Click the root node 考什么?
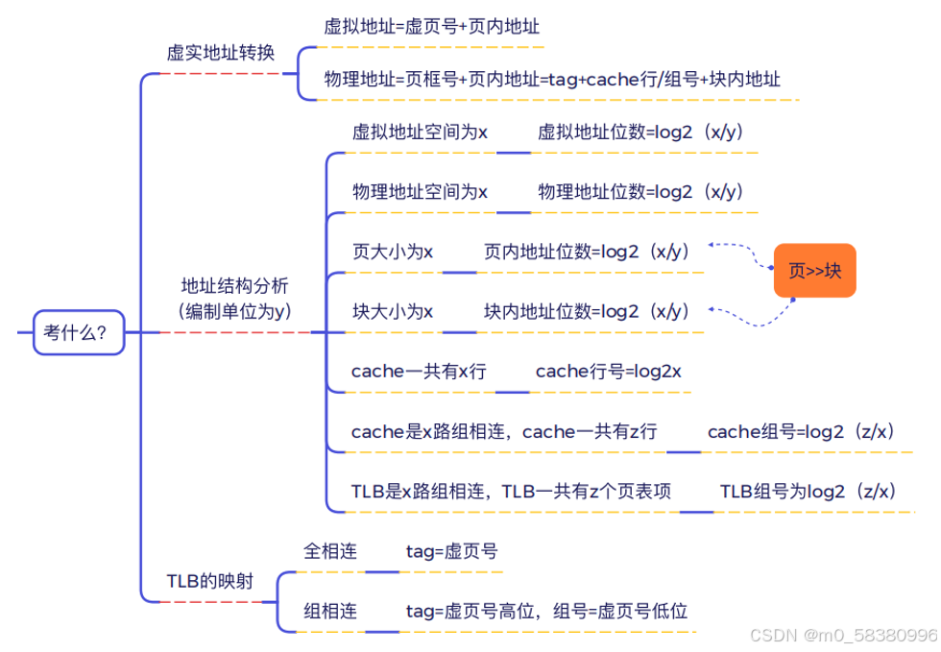click(x=78, y=332)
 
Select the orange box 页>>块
click(x=814, y=271)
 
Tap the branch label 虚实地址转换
click(x=221, y=53)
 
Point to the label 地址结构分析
click(x=234, y=285)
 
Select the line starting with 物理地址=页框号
click(x=552, y=79)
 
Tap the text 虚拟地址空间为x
click(x=420, y=133)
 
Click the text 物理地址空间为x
click(x=420, y=192)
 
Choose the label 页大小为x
click(x=393, y=252)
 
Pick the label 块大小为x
click(x=393, y=311)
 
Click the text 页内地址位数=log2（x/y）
click(x=587, y=252)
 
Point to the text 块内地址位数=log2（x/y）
click(x=587, y=311)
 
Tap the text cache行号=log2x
click(x=608, y=371)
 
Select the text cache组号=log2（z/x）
click(x=803, y=431)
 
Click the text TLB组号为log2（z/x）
click(x=808, y=491)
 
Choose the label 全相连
click(x=330, y=551)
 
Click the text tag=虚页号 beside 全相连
click(x=451, y=551)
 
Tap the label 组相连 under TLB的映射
click(x=330, y=611)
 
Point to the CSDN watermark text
click(x=842, y=636)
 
